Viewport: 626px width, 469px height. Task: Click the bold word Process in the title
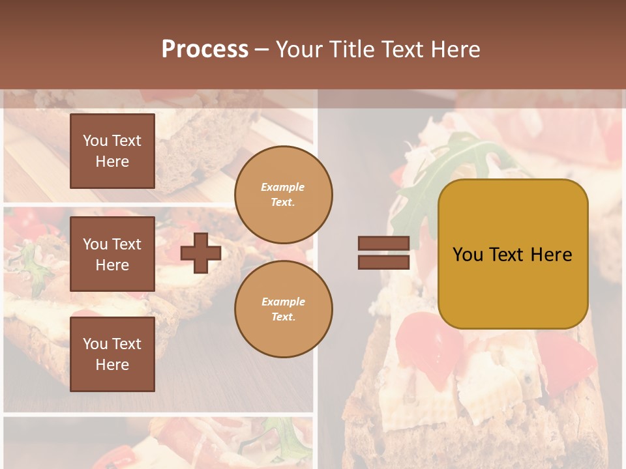pos(205,49)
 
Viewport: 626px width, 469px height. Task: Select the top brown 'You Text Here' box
pos(112,151)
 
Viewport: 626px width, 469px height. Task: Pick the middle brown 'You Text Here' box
pos(112,254)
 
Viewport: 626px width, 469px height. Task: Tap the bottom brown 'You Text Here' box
pos(112,354)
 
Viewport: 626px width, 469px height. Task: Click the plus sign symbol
pos(201,253)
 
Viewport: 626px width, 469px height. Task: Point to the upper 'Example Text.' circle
pos(284,195)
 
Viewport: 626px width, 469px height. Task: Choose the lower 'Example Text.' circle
pos(284,309)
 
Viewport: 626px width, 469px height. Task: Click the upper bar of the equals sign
pos(384,243)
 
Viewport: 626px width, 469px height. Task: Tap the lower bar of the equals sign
pos(384,262)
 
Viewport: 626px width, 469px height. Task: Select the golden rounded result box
pos(513,254)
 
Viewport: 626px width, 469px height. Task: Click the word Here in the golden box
pos(551,255)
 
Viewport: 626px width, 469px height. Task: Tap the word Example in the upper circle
pos(283,187)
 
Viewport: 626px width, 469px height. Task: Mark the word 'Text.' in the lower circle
pos(283,317)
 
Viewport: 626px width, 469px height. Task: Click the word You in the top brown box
pos(95,141)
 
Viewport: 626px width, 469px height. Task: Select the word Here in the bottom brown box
pos(112,365)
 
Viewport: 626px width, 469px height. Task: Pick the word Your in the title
pos(299,50)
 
